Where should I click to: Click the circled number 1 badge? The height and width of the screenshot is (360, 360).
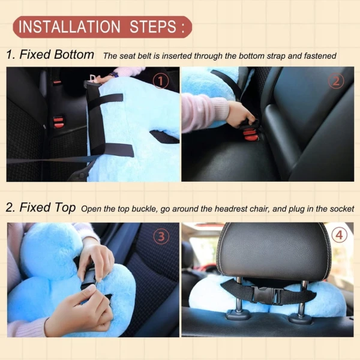click(160, 80)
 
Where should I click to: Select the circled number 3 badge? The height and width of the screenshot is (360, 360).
click(160, 236)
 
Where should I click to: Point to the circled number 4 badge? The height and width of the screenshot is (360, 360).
click(340, 235)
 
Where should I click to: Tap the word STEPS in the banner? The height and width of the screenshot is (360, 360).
click(149, 27)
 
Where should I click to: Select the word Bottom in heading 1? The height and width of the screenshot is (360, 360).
click(73, 55)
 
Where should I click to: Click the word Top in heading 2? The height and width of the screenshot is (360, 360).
click(64, 208)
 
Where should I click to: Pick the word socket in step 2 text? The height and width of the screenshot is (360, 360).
click(339, 209)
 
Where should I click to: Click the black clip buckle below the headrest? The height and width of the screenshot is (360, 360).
click(265, 295)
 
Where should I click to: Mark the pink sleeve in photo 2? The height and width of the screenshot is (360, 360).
click(204, 111)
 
